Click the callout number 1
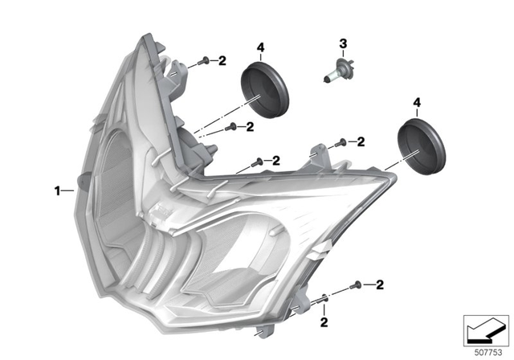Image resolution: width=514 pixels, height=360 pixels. pyautogui.click(x=57, y=190)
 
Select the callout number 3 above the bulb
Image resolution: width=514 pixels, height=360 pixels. pyautogui.click(x=342, y=43)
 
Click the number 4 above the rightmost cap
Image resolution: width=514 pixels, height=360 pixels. pyautogui.click(x=416, y=103)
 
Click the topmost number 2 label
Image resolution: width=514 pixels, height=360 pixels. pyautogui.click(x=222, y=60)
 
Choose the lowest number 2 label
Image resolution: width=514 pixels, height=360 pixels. pyautogui.click(x=324, y=321)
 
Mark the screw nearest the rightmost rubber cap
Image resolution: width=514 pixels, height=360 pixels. pyautogui.click(x=342, y=142)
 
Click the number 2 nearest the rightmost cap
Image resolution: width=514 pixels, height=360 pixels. pyautogui.click(x=361, y=142)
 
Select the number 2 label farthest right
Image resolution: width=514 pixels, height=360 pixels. pyautogui.click(x=379, y=284)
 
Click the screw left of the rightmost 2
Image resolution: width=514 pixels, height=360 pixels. pyautogui.click(x=357, y=285)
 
